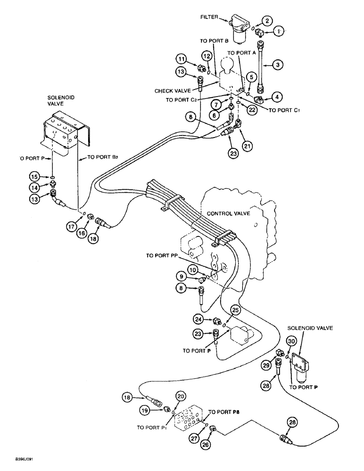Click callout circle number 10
[x=193, y=270]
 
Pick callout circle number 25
[x=235, y=309]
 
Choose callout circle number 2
[x=267, y=20]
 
